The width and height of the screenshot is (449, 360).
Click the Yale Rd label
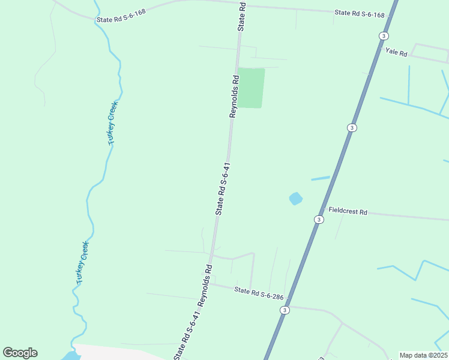tap(396, 53)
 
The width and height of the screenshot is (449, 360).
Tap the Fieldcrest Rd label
tap(348, 211)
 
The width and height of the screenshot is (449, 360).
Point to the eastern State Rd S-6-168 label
tap(359, 13)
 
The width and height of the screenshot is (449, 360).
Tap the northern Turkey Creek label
tap(112, 122)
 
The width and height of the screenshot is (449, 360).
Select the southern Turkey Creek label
tap(82, 263)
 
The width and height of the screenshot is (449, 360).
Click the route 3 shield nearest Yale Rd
tap(383, 36)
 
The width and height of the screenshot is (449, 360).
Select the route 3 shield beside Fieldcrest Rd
tap(319, 220)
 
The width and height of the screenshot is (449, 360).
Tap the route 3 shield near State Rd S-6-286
tap(285, 310)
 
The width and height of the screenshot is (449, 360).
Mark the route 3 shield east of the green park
tap(351, 128)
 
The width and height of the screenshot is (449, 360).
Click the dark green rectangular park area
tap(251, 88)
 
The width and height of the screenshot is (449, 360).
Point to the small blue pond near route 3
tap(295, 198)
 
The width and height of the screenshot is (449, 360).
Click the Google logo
tap(20, 353)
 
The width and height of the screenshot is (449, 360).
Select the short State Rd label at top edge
tap(242, 16)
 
